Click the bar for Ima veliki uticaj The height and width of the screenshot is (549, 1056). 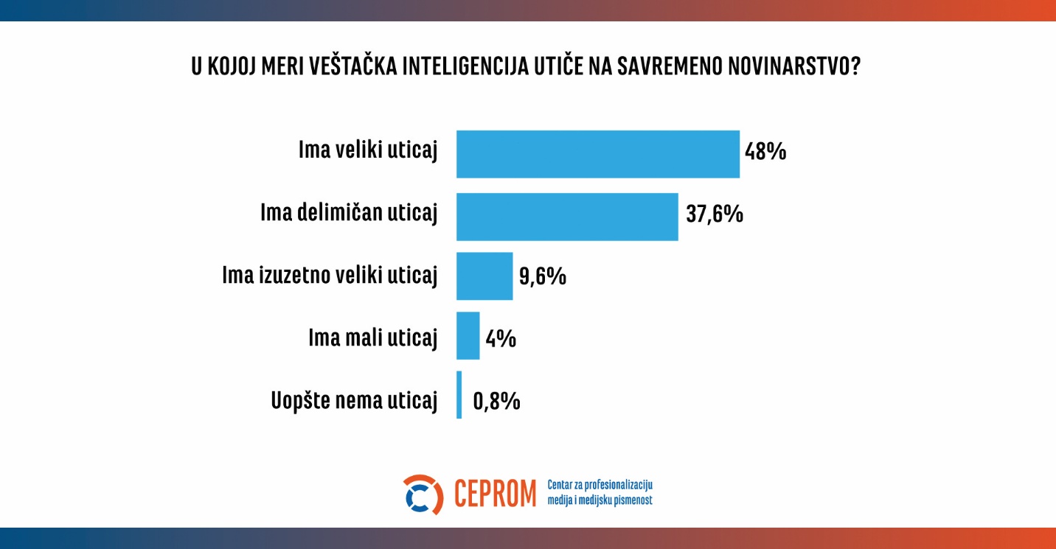click(597, 154)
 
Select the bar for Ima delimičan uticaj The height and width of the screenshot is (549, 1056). click(566, 217)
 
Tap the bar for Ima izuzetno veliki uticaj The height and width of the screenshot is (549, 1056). click(484, 276)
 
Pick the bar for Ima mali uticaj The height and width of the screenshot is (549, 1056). click(468, 336)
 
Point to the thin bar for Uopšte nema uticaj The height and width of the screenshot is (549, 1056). click(459, 395)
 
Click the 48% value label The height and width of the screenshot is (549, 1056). click(765, 153)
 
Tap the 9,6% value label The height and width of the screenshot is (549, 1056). click(542, 276)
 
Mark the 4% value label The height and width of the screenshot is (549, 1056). click(500, 339)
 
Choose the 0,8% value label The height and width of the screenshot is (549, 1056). click(496, 402)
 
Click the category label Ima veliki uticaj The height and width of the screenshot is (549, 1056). click(368, 151)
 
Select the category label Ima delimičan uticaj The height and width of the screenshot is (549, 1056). click(349, 214)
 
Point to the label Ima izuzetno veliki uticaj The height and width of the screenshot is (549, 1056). click(330, 276)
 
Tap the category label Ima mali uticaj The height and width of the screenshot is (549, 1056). click(372, 338)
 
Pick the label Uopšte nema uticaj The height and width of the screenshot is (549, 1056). click(355, 402)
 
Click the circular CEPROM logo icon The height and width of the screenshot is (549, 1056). click(423, 494)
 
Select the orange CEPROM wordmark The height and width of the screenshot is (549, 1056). click(495, 494)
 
